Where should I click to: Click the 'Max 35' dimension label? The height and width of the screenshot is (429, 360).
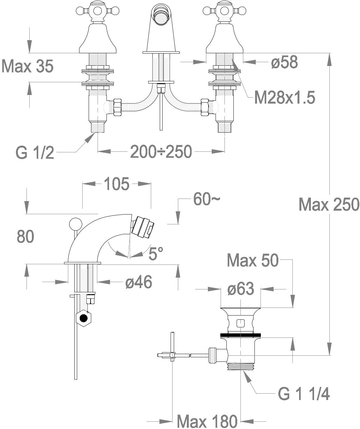[x=27, y=66]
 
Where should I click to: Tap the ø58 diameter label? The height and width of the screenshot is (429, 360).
[x=284, y=62]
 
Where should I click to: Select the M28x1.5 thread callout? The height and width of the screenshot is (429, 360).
[x=284, y=98]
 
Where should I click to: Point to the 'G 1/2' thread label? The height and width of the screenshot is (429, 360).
[x=35, y=153]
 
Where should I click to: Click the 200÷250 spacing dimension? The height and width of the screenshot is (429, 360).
[x=161, y=152]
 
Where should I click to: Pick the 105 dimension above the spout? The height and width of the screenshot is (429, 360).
[x=117, y=184]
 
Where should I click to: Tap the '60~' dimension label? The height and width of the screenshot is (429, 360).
[x=207, y=199]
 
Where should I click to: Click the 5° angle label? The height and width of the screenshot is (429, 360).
[x=156, y=253]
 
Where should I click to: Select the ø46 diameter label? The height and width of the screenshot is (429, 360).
[x=139, y=282]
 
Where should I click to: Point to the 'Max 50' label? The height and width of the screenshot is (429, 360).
[x=253, y=260]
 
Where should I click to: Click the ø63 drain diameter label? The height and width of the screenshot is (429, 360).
[x=241, y=288]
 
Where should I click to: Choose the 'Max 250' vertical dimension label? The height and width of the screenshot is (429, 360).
[x=329, y=204]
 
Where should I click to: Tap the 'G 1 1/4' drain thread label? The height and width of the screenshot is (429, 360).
[x=304, y=394]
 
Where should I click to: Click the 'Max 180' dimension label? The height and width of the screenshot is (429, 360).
[x=207, y=421]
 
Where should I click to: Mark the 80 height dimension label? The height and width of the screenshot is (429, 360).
[x=26, y=236]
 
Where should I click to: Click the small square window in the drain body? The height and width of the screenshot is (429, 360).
[x=240, y=324]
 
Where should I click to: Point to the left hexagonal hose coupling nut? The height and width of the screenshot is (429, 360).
[x=118, y=107]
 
